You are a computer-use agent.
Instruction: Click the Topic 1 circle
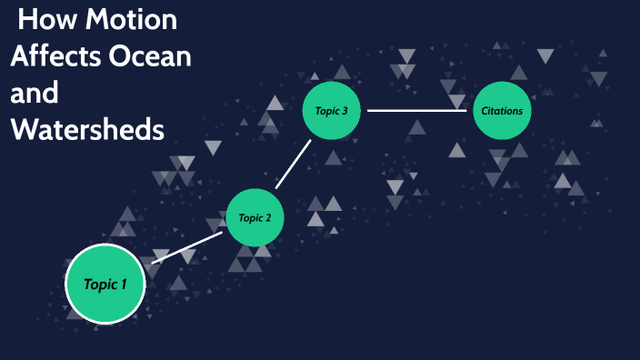click(106, 285)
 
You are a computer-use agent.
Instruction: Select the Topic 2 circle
click(255, 217)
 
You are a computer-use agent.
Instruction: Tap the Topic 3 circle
click(332, 111)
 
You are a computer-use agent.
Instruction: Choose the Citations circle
click(502, 111)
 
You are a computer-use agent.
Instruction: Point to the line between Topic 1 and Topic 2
click(188, 248)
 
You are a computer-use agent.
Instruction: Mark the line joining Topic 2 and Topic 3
click(293, 165)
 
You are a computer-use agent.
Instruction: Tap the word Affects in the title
click(55, 55)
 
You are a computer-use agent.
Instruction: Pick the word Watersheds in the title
click(87, 129)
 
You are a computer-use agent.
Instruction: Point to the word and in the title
click(35, 93)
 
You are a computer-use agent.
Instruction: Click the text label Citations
click(502, 111)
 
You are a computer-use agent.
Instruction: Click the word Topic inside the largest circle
click(99, 285)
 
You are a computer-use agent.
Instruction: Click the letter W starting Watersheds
click(23, 129)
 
